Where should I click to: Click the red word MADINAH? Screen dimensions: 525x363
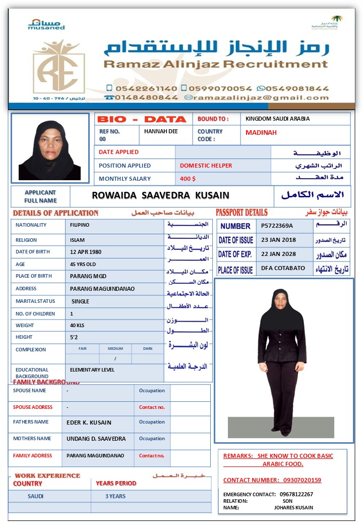[261, 133]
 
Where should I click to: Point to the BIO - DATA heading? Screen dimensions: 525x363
[142, 120]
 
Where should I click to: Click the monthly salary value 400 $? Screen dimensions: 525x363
[188, 179]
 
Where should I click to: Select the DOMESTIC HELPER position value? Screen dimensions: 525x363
[206, 166]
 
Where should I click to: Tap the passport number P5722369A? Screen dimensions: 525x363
[277, 226]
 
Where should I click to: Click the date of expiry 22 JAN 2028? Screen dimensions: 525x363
[278, 254]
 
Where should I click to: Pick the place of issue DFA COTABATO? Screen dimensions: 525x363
[283, 268]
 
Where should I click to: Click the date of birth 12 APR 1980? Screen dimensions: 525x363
[86, 252]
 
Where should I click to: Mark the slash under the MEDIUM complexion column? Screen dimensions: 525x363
[115, 359]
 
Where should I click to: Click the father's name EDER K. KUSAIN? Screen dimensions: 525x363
[89, 423]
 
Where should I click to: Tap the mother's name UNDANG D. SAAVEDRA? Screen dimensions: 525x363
[96, 439]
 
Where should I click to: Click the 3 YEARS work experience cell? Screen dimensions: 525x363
[115, 496]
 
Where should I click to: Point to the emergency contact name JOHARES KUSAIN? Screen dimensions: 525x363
[293, 507]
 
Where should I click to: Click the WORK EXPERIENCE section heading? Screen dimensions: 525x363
[47, 476]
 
